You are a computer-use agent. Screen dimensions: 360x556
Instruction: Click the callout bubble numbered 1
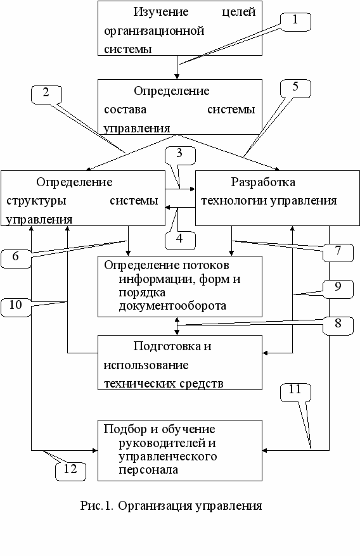tap(295, 22)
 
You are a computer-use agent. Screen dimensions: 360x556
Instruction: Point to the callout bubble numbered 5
tap(295, 89)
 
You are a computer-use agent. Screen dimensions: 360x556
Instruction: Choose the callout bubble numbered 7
tap(338, 253)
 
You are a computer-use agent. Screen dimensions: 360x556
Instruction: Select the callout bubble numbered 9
tap(338, 289)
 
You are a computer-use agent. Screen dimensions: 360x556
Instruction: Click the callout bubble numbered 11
tap(295, 392)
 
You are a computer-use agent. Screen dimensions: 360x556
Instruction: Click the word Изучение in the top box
tap(161, 12)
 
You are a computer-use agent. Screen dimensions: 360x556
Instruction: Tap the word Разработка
tap(263, 182)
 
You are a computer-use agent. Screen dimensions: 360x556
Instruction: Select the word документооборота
tap(172, 306)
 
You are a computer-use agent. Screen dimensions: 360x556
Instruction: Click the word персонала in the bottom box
tap(148, 470)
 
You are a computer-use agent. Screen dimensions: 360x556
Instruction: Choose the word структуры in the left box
tap(36, 201)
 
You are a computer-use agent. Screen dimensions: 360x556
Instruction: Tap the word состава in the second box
tap(125, 110)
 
